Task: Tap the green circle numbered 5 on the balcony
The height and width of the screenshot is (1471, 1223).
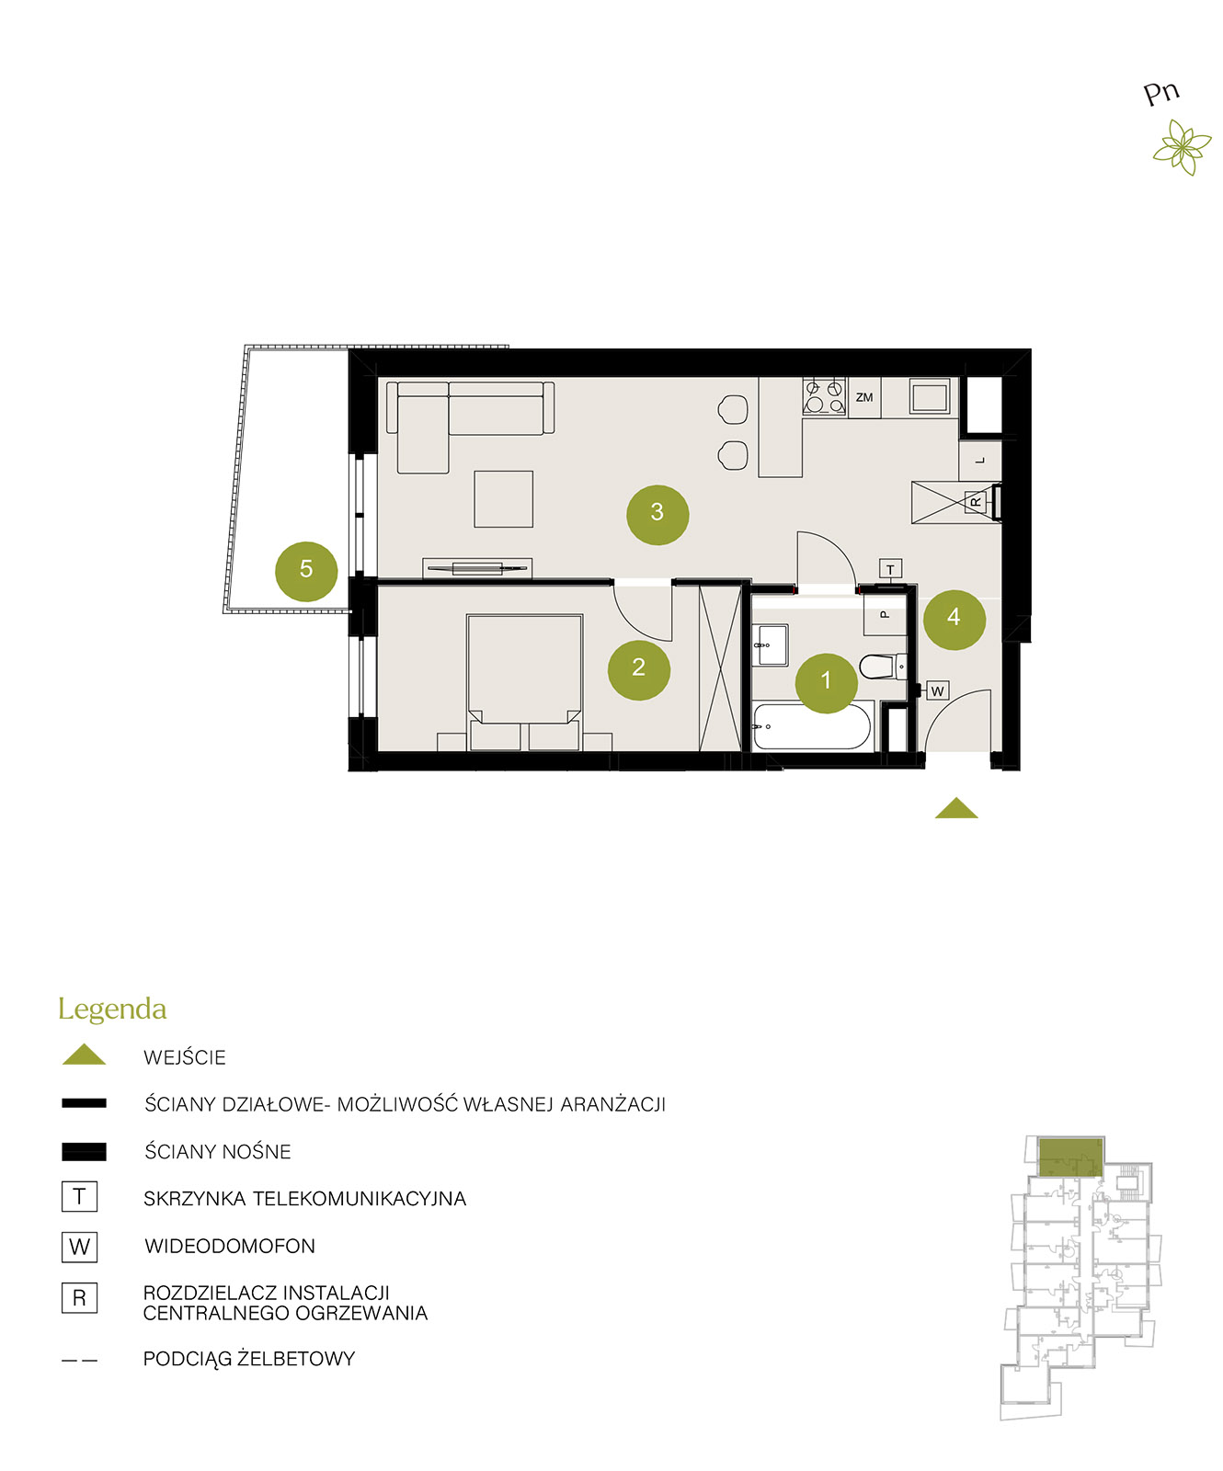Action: (306, 571)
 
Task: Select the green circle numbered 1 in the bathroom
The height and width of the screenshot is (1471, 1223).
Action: (826, 682)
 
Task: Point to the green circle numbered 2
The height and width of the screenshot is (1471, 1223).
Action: (638, 669)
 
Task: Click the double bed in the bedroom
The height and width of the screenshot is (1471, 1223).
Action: (524, 682)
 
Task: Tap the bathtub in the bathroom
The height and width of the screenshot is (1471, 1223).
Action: (811, 726)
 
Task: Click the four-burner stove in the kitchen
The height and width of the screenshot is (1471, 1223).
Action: (824, 396)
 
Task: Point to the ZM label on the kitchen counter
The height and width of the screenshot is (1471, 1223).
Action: (864, 397)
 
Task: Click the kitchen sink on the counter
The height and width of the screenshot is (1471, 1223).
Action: (931, 396)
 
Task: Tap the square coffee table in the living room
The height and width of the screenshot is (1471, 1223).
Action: (504, 499)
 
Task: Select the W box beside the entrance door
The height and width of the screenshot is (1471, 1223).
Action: (937, 690)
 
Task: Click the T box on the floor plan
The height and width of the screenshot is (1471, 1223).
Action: (890, 569)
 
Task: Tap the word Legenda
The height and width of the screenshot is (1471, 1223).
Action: (112, 1009)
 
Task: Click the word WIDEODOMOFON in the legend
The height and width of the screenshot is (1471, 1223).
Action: (230, 1246)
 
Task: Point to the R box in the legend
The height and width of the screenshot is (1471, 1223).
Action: (79, 1297)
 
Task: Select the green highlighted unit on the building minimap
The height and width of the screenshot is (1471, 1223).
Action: (1069, 1157)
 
